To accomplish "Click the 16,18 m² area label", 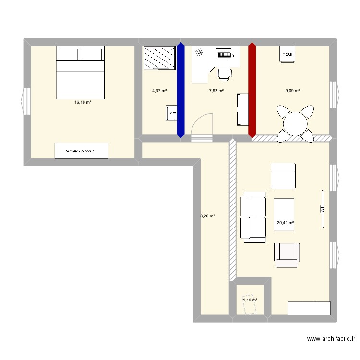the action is click(83, 102).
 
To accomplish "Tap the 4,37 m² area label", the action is click(159, 91).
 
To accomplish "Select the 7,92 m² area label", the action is click(216, 91).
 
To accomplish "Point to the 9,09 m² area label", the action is click(292, 91).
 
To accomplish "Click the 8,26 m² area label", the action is click(207, 216).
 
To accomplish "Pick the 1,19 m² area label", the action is click(250, 300).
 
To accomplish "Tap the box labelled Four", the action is click(288, 54).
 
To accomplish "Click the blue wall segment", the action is click(180, 90).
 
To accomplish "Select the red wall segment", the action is click(252, 90).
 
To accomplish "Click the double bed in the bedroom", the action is click(80, 72).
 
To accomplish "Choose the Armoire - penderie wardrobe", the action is click(81, 151).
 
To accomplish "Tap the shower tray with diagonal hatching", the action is click(159, 58).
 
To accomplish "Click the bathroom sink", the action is click(171, 113).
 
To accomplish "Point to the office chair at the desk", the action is click(224, 74).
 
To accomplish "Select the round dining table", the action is click(295, 124).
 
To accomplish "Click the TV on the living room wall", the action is click(323, 209).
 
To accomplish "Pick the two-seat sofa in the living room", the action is click(253, 217).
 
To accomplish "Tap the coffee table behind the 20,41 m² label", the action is click(284, 215).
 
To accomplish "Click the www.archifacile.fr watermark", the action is click(331, 339).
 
